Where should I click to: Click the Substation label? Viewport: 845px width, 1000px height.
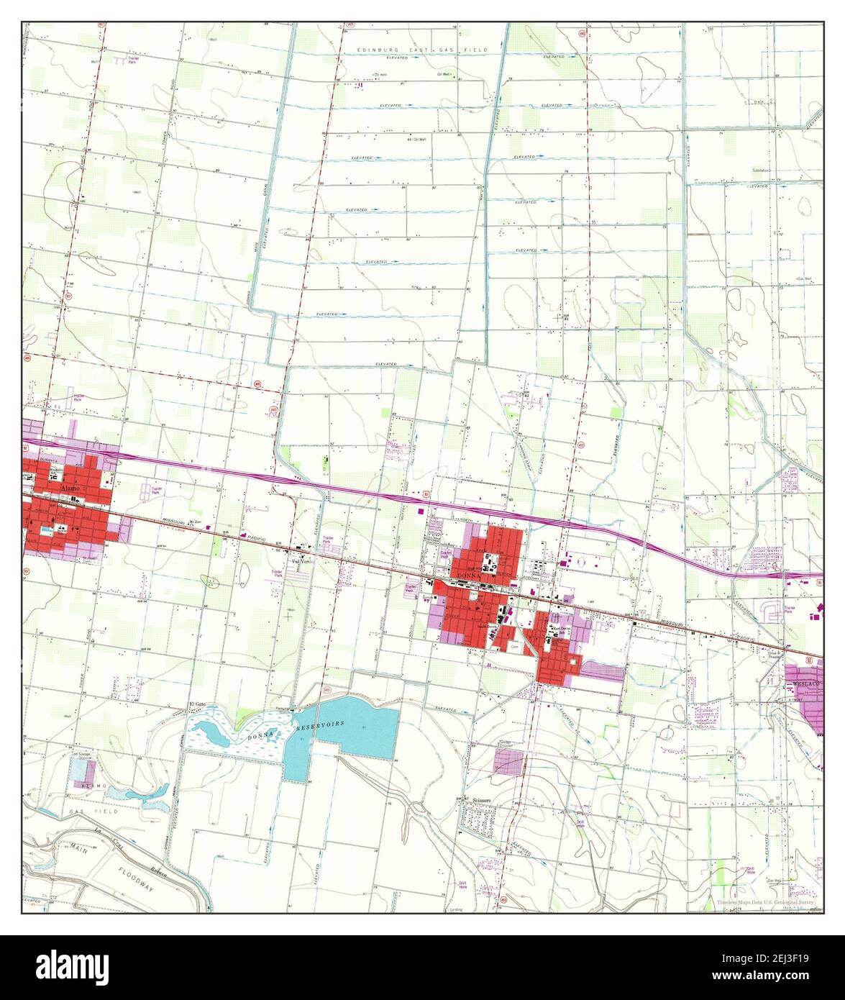(762, 171)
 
